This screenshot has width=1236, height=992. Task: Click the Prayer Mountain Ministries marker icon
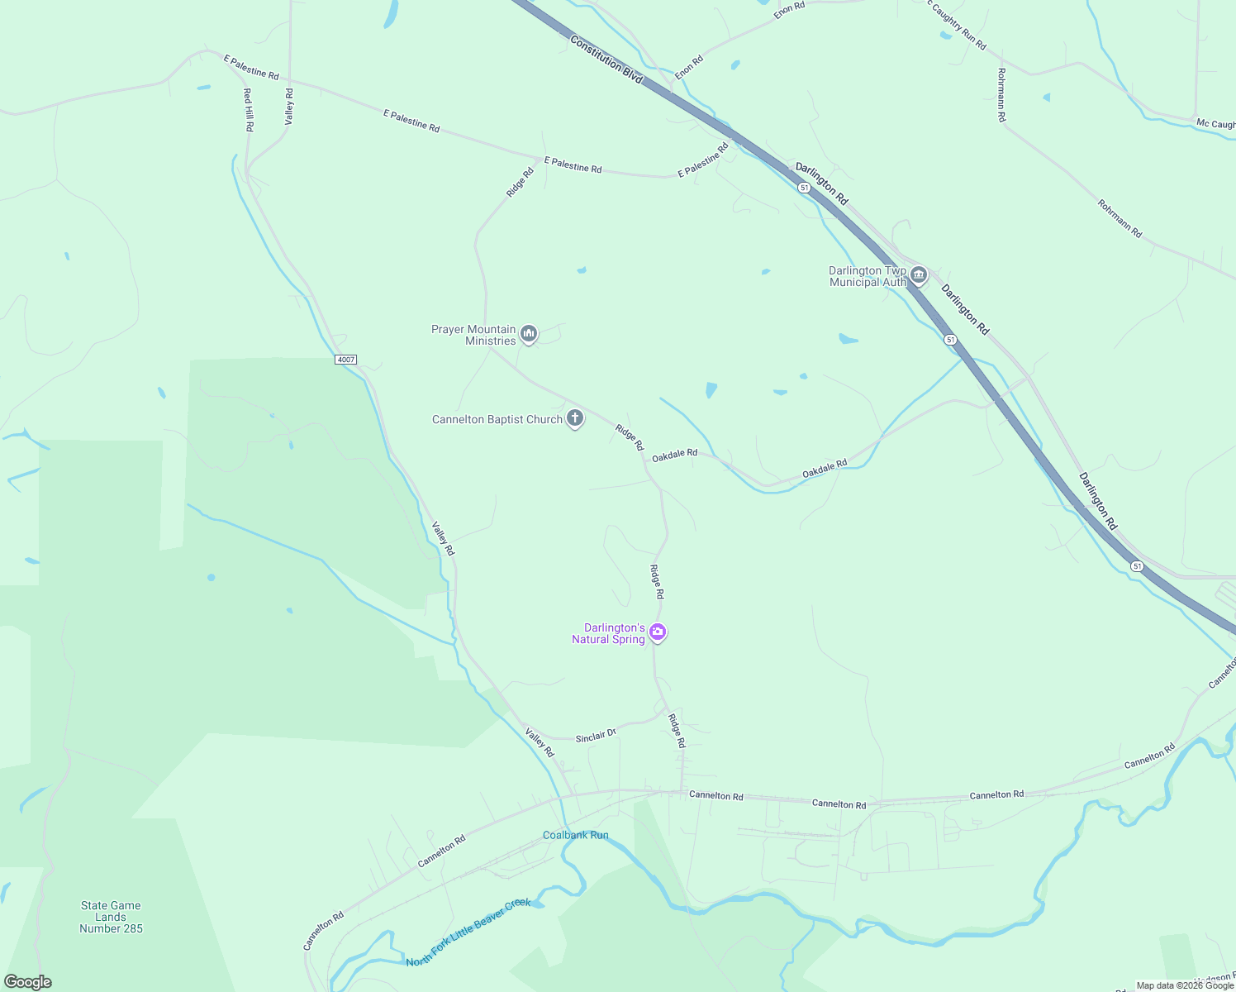(529, 334)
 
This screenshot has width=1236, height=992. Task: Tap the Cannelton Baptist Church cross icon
(575, 418)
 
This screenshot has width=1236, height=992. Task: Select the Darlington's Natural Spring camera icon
(658, 632)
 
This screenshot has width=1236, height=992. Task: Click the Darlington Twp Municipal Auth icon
(919, 275)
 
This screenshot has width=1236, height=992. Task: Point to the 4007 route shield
(346, 360)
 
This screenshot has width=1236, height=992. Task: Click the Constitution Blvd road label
(606, 59)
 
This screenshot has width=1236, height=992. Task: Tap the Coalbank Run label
(575, 835)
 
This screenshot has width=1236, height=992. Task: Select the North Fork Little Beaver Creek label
(468, 932)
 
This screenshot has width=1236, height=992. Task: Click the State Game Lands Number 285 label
(111, 917)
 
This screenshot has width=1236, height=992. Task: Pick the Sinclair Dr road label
(596, 735)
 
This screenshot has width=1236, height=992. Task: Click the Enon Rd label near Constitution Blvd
(689, 67)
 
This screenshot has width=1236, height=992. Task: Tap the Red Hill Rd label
(248, 110)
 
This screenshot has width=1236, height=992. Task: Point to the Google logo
(28, 982)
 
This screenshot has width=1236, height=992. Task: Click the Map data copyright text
(1185, 985)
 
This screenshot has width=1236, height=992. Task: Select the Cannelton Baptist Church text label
(497, 420)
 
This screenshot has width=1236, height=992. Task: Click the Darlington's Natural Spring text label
(609, 633)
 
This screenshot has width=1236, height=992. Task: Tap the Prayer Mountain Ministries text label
(473, 335)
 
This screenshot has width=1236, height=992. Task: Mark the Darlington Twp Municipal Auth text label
(868, 276)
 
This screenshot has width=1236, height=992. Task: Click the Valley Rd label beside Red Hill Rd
(289, 106)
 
